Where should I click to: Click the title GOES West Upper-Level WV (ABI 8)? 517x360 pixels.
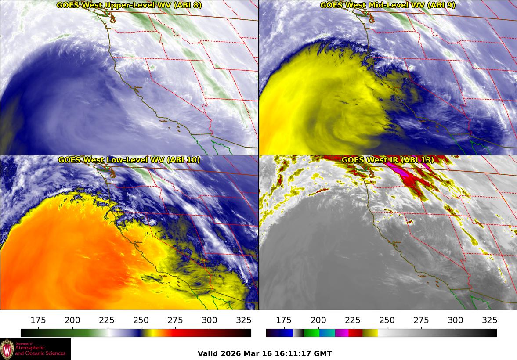[129, 5]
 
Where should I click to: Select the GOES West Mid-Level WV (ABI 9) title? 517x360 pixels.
[387, 5]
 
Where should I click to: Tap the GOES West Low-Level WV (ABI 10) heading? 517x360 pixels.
[129, 160]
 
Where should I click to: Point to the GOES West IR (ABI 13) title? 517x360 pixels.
[387, 160]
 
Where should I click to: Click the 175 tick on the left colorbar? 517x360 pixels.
[38, 320]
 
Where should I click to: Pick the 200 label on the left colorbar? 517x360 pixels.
[72, 320]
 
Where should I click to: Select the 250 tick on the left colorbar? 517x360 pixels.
[141, 320]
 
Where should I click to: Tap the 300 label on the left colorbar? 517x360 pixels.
[210, 320]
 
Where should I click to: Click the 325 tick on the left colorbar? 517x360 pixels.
[244, 320]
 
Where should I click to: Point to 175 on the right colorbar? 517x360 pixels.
[284, 320]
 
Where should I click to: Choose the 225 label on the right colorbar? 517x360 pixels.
[352, 320]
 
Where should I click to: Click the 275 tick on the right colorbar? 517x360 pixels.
[421, 320]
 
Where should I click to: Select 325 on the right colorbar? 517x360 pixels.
[489, 320]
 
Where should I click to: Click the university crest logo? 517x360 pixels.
[7, 349]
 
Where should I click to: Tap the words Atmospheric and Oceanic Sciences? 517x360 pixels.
[40, 350]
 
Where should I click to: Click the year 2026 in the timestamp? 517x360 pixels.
[231, 353]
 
